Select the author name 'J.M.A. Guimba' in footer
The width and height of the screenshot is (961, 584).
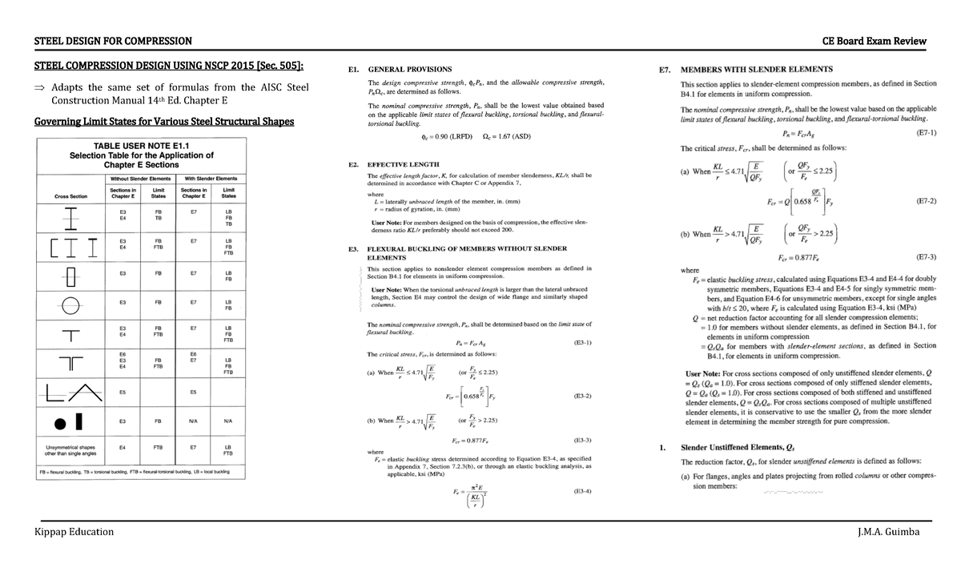click(888, 532)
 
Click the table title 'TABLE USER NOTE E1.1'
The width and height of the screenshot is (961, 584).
click(142, 146)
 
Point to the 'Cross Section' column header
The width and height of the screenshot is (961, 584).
click(71, 195)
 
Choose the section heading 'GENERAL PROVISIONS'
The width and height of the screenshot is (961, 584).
click(409, 70)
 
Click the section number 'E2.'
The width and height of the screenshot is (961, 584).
click(353, 163)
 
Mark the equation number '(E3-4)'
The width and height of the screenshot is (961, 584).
click(582, 491)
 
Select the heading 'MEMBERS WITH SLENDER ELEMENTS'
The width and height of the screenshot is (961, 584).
click(756, 69)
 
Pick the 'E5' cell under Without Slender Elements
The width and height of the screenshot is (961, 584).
click(123, 392)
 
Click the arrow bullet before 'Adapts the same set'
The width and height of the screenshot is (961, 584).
click(38, 87)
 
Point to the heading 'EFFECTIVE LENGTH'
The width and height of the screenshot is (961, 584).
click(404, 163)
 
